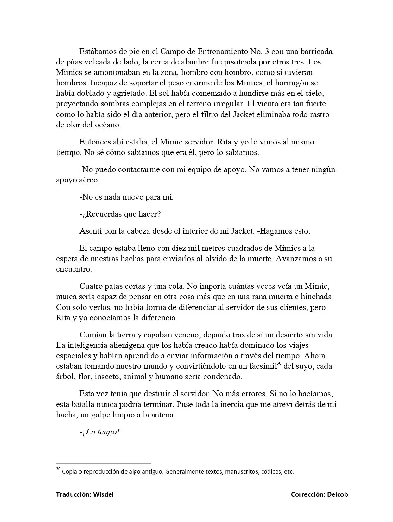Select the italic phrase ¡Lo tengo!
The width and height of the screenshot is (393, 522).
tap(101, 432)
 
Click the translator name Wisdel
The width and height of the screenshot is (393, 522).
tap(103, 494)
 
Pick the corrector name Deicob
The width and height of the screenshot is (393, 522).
tap(338, 494)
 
